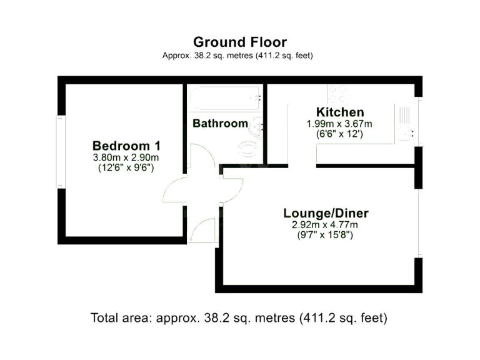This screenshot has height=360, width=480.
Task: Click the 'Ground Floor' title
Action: coord(240,42)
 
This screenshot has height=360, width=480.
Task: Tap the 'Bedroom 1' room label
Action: coord(126,145)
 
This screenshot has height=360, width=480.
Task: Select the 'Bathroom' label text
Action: coord(220,123)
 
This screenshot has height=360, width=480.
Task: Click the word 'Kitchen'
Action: coord(339,112)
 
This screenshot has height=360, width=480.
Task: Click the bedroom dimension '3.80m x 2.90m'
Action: coord(126,157)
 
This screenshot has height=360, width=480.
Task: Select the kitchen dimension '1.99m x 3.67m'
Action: coord(339,124)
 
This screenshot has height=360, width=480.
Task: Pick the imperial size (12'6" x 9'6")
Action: coord(126,167)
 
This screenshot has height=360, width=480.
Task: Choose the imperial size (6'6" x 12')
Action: coord(339,134)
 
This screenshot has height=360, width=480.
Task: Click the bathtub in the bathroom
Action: coord(225,97)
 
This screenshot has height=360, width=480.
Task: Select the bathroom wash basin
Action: coord(257,128)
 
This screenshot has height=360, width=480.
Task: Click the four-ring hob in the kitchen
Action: coord(338,93)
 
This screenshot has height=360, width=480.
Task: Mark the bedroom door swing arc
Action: coord(175,191)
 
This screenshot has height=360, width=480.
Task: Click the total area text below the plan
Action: coord(239,317)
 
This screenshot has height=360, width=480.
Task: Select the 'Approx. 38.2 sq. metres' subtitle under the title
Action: coord(237,56)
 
